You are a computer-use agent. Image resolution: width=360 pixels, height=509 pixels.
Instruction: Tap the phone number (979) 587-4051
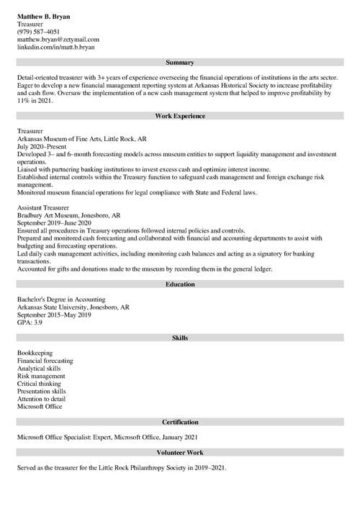tap(39, 31)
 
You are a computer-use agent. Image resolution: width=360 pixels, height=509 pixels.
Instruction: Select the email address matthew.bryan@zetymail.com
tap(58, 39)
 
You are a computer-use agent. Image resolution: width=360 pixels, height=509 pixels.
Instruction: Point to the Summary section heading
tap(180, 63)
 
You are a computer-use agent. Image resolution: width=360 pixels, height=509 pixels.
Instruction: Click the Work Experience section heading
tap(180, 116)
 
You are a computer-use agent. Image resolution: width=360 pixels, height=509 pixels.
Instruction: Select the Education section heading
tap(180, 284)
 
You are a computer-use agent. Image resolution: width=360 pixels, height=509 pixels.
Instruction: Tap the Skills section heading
tap(180, 338)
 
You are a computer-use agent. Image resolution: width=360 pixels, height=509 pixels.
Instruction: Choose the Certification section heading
tap(180, 422)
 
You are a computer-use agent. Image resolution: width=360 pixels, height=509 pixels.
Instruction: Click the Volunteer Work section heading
tap(180, 453)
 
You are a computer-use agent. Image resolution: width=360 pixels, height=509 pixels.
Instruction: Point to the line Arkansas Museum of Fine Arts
tap(82, 139)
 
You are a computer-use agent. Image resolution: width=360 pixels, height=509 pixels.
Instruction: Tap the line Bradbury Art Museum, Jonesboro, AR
tap(69, 215)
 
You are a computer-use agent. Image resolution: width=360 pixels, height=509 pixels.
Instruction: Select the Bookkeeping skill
tap(35, 353)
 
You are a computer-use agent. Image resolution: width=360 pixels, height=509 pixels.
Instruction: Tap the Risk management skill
tap(41, 376)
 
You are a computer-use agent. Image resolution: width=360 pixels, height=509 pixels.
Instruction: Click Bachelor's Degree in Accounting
tap(61, 299)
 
